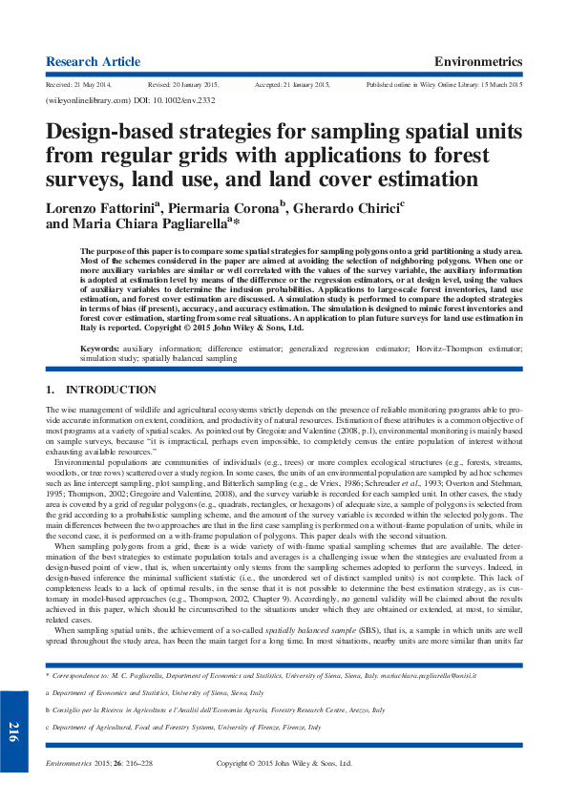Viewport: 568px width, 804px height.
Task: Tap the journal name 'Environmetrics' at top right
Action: (478, 61)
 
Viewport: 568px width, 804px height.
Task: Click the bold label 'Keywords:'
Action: (100, 349)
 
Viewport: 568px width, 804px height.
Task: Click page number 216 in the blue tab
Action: (13, 732)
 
